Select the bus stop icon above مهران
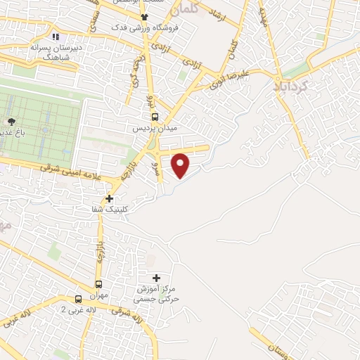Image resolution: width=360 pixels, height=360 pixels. (98, 285)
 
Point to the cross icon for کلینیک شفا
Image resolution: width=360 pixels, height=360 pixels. (109, 198)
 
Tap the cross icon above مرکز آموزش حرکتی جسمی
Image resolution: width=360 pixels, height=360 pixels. (156, 278)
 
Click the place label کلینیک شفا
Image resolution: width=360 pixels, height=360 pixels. (108, 210)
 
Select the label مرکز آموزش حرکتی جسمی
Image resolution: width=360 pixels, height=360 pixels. (158, 294)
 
